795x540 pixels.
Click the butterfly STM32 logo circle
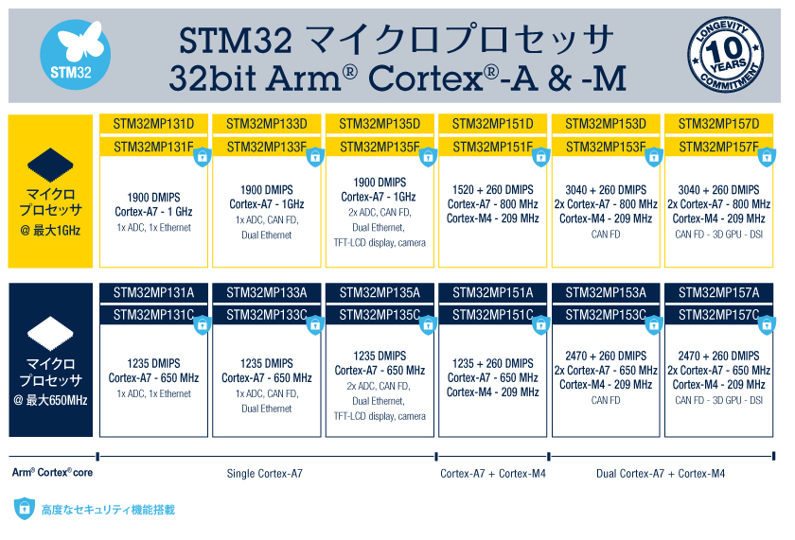(x=75, y=55)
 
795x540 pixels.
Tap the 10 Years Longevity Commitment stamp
(x=726, y=54)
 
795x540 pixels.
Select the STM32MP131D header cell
(x=153, y=124)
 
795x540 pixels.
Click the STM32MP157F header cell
(x=719, y=147)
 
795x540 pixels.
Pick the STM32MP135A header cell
(x=380, y=293)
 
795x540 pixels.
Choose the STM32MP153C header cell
(x=606, y=315)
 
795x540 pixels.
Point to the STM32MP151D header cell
(x=493, y=124)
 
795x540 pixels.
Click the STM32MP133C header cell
(x=267, y=315)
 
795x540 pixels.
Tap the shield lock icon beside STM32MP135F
(x=428, y=157)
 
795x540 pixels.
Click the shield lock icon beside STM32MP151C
(x=541, y=325)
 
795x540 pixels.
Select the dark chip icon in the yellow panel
(x=50, y=165)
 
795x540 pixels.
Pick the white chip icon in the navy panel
(x=50, y=333)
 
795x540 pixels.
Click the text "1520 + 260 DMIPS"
(x=493, y=190)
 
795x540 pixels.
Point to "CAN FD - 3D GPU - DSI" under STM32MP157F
(x=719, y=234)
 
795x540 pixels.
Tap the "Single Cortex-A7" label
(x=265, y=474)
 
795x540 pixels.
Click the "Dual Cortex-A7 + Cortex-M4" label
(x=661, y=474)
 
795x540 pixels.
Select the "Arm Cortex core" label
(x=52, y=473)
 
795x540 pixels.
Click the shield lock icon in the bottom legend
(x=25, y=509)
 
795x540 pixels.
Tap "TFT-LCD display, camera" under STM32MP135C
(x=380, y=416)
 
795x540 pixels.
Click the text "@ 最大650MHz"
(x=50, y=400)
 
